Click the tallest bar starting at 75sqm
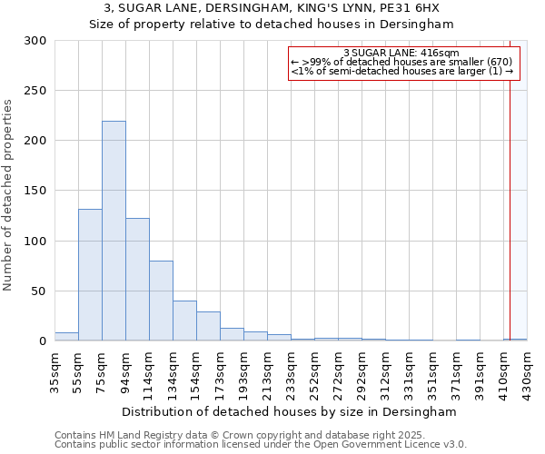114,232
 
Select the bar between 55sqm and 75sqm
90,275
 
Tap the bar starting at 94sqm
137,280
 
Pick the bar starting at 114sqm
161,301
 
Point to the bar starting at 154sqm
208,326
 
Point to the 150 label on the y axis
35,192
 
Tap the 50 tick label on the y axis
39,291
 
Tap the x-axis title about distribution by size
290,411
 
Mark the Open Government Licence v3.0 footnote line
261,444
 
